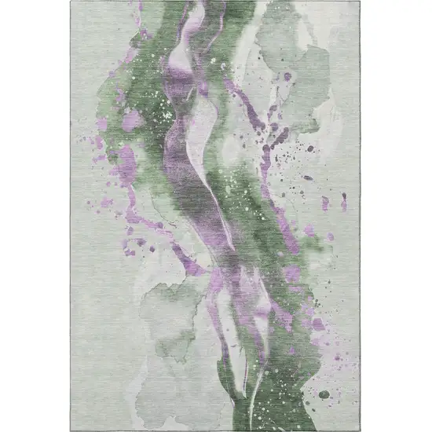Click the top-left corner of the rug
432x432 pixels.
[x=71, y=2]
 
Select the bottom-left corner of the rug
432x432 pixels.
[x=71, y=429]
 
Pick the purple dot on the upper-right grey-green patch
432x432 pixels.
[x=287, y=76]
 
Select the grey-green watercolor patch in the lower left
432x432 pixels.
[x=169, y=314]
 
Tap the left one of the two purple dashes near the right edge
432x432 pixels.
[x=325, y=203]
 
